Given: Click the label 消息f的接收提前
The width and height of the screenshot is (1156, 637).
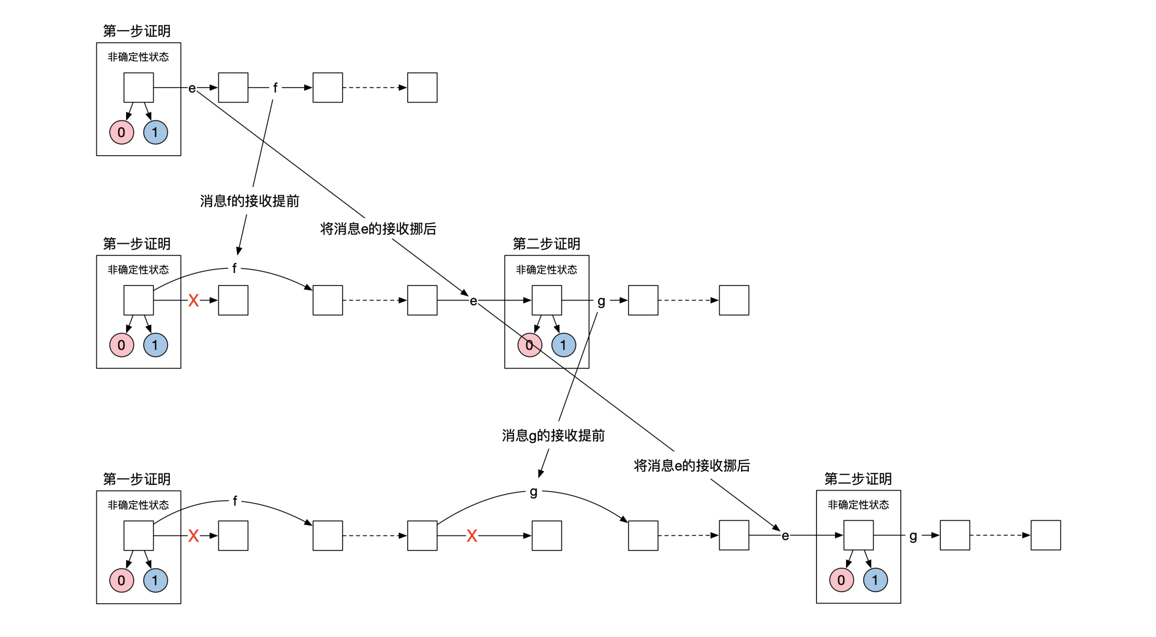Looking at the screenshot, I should [x=249, y=201].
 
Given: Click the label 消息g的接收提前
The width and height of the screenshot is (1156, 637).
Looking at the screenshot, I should [x=553, y=435].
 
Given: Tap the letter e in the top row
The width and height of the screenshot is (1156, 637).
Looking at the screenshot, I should [x=192, y=89].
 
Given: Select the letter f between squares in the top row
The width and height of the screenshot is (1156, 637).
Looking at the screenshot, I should [x=275, y=88].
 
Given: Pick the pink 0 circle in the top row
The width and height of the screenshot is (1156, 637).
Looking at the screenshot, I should [x=121, y=132].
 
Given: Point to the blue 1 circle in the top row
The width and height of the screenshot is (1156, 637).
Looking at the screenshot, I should [x=155, y=132].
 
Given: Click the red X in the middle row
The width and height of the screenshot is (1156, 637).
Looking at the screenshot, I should [x=193, y=301].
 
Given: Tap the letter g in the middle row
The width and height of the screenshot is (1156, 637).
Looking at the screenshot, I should [x=601, y=301].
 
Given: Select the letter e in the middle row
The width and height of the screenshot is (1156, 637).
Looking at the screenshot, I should [x=473, y=301].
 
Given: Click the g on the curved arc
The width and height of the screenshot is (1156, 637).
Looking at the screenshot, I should [x=533, y=492].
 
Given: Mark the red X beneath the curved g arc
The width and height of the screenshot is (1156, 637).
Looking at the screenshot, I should [x=472, y=536].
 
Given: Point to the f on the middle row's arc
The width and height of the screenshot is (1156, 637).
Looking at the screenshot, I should [x=234, y=268].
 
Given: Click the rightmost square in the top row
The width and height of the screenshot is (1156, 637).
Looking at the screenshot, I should [x=422, y=88].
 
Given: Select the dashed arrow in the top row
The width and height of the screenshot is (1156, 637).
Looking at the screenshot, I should [x=374, y=88].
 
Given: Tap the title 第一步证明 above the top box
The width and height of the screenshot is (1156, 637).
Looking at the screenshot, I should [x=136, y=31].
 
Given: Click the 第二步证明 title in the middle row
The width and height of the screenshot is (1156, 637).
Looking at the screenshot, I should [x=546, y=244].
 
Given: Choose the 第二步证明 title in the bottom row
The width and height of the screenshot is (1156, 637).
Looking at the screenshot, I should [x=858, y=479].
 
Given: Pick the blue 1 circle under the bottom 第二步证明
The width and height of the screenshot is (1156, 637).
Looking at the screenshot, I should [x=875, y=580].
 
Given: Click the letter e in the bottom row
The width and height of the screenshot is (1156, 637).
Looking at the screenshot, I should [x=785, y=536].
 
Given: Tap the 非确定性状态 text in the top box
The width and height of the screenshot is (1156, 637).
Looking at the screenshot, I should [x=138, y=57].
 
